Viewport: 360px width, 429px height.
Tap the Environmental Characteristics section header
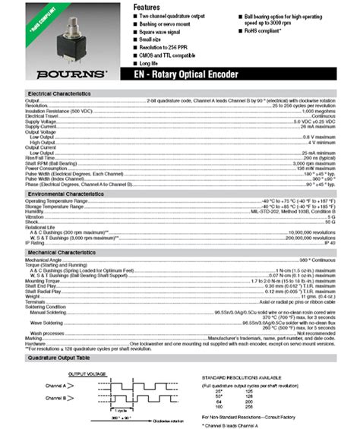coord(65,194)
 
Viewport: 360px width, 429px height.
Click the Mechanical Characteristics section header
coord(61,251)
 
